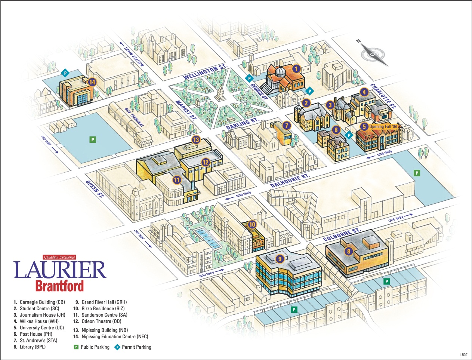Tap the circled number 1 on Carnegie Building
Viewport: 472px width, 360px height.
tap(296, 68)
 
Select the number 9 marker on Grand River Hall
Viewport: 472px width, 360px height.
tap(280, 258)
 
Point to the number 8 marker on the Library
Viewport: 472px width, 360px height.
tap(348, 251)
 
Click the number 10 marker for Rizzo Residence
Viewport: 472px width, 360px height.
tap(252, 224)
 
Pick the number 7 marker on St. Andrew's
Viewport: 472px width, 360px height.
tap(287, 126)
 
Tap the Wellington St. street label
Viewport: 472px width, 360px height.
tap(205, 72)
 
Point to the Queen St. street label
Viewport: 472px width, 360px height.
tap(95, 189)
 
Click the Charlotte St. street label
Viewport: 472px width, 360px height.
tap(383, 96)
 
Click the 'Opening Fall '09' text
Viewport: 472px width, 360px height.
tap(383, 127)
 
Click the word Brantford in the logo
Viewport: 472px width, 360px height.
tap(59, 286)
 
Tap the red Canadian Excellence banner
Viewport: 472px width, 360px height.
tap(59, 257)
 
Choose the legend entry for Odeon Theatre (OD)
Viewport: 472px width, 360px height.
tap(101, 321)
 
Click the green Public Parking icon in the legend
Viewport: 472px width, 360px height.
tap(76, 347)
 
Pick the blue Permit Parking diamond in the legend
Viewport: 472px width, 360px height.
tap(117, 347)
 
